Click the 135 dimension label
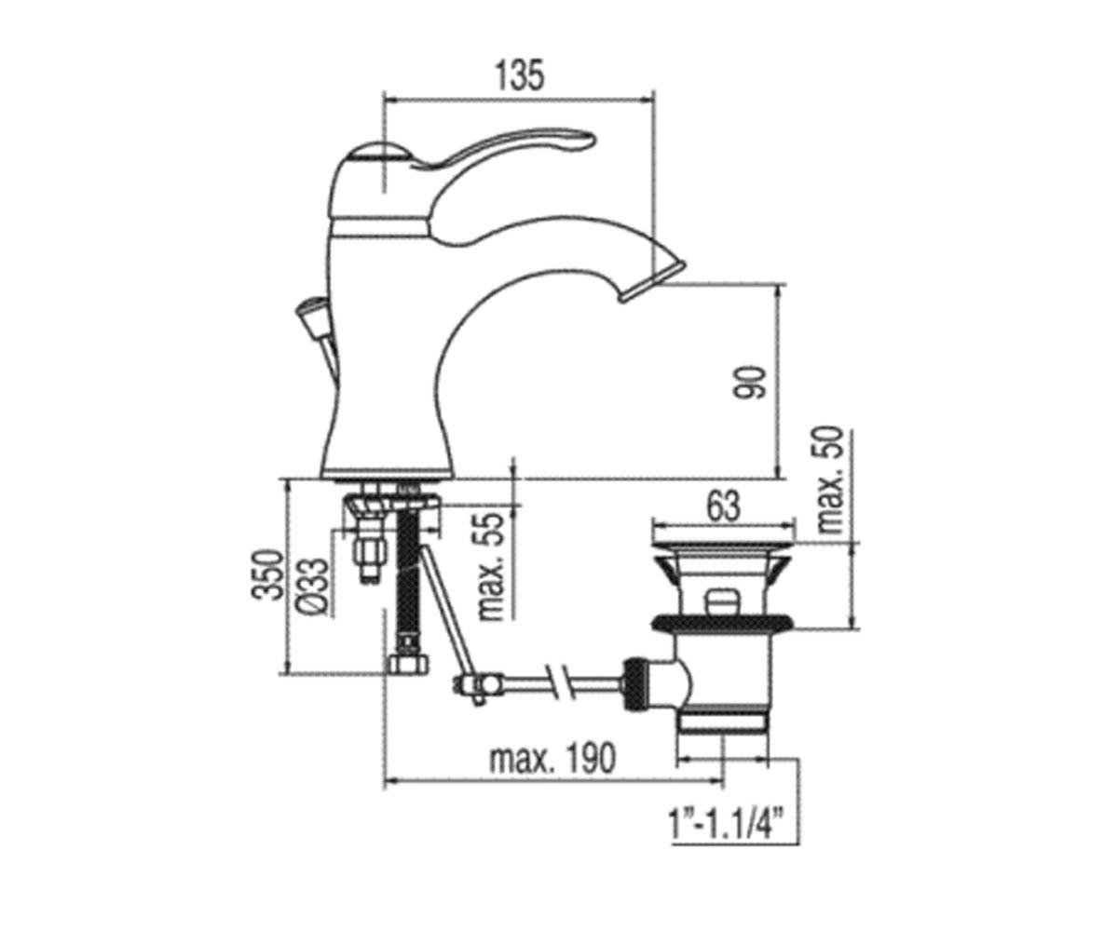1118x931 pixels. tap(520, 75)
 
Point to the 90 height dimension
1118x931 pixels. tap(750, 382)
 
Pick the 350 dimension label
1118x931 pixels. tap(267, 574)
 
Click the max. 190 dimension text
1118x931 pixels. tap(552, 758)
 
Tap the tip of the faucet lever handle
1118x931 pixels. tap(591, 141)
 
